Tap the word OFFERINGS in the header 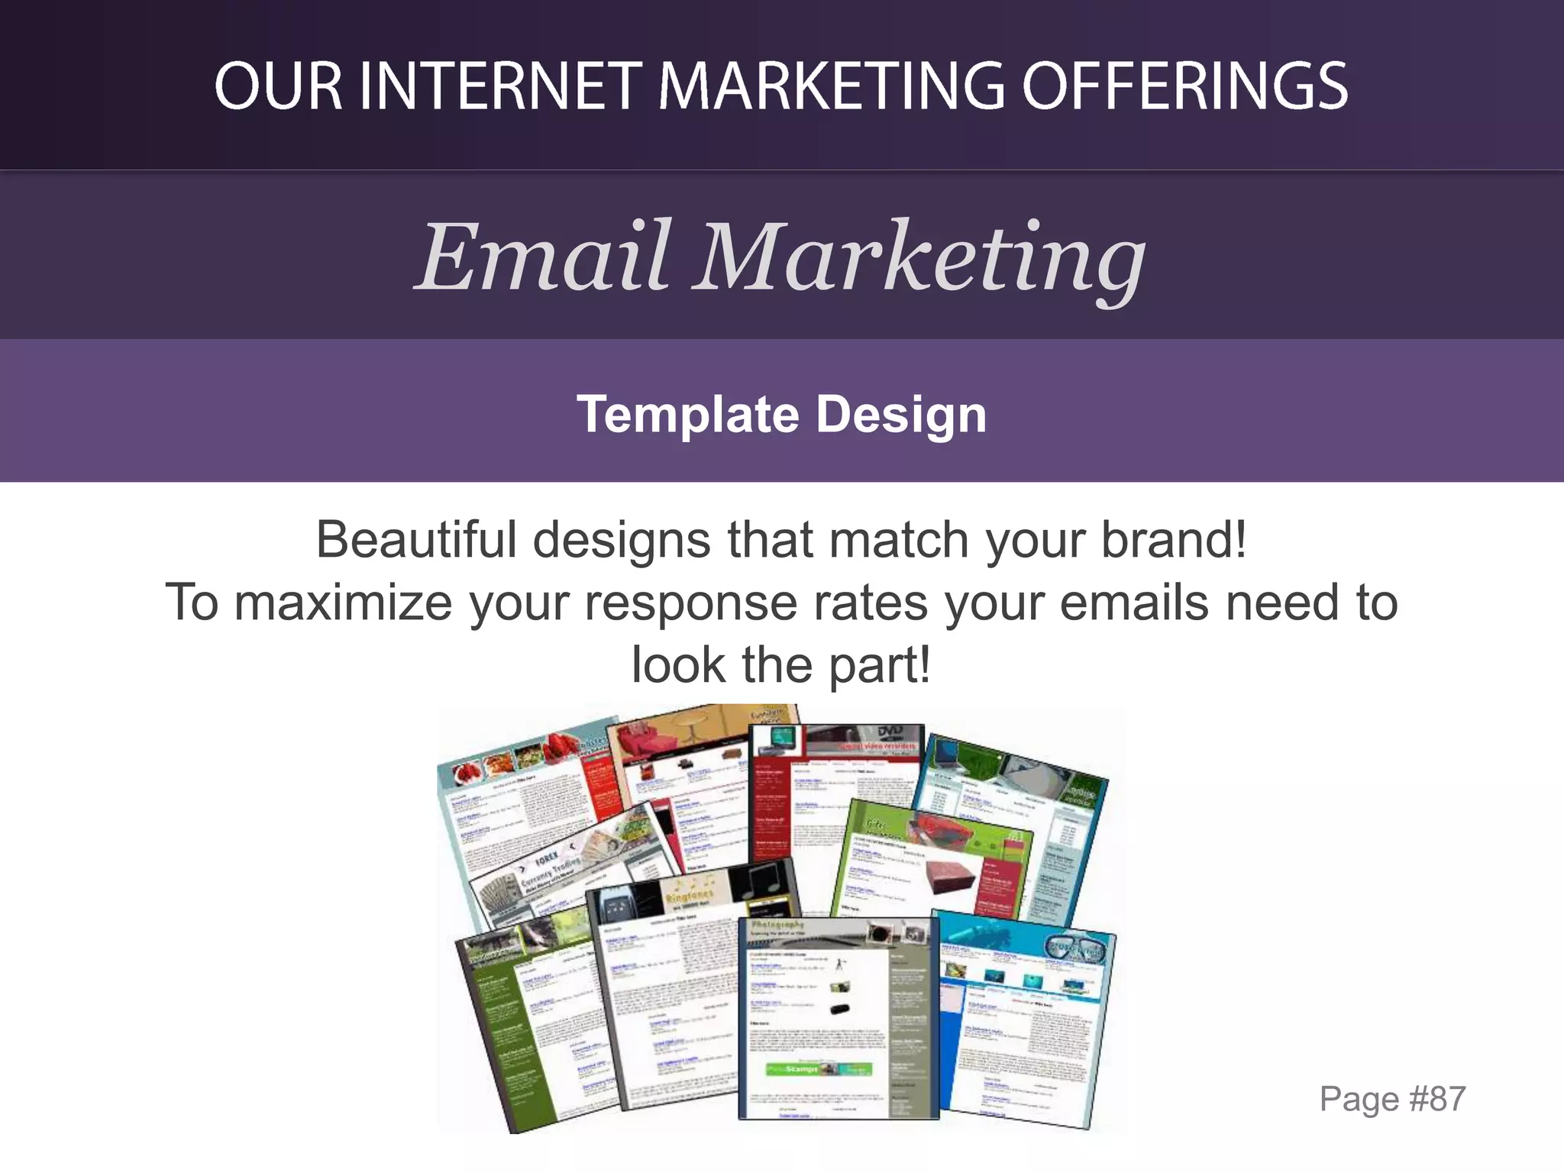tap(1185, 86)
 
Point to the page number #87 tap(1436, 1099)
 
